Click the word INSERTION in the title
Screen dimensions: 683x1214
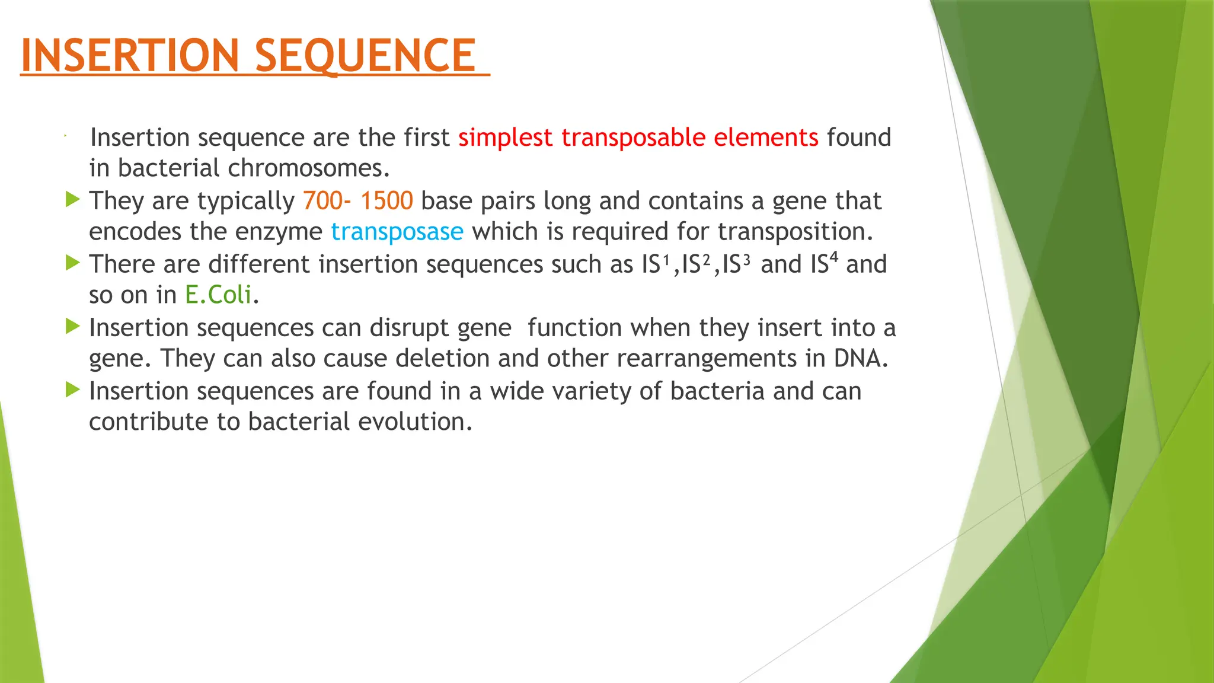[129, 55]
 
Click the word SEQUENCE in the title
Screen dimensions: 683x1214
[365, 55]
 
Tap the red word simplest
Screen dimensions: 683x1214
[505, 138]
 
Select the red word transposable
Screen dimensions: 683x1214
[632, 138]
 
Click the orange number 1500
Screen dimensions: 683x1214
[386, 201]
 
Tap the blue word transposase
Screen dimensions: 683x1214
[397, 232]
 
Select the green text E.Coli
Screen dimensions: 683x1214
[218, 295]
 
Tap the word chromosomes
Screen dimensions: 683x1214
[309, 168]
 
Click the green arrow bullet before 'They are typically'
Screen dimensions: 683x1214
[72, 199]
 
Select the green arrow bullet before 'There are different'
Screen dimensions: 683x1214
[72, 263]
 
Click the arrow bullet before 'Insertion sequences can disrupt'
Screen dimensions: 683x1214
[72, 326]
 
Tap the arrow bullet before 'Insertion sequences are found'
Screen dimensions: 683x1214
[72, 390]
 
